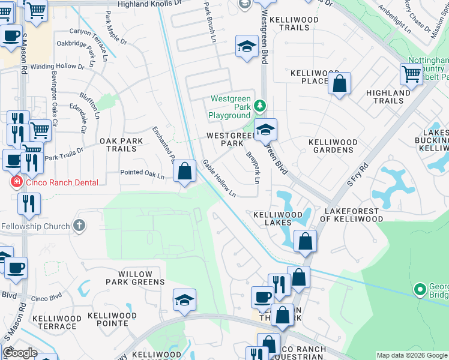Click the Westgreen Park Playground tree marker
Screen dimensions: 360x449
259,106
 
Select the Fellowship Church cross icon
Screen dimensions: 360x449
78,226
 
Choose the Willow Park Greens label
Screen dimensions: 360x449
135,278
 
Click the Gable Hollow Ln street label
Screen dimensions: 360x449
219,178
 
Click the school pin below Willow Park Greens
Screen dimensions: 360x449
184,300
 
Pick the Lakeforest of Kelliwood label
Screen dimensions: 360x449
352,215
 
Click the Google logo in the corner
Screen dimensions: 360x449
20,353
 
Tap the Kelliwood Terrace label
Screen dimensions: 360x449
54,321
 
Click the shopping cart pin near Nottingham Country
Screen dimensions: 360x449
411,74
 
